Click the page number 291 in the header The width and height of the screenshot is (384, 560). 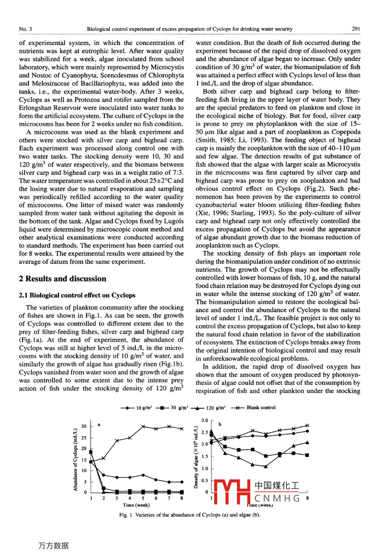356,29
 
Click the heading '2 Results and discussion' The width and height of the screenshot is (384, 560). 62,279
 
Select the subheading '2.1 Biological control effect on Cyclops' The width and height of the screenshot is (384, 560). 77,295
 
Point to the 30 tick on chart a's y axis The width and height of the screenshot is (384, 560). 84,426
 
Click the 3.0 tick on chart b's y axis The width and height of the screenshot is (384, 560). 205,420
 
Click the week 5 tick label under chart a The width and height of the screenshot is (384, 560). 143,498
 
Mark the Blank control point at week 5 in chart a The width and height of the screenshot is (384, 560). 143,426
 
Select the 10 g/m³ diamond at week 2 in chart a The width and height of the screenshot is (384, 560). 104,475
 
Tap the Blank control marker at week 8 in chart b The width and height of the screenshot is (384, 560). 307,425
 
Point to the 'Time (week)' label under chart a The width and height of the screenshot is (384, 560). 136,505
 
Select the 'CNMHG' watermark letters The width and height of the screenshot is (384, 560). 277,498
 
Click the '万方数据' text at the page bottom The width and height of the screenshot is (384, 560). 54,546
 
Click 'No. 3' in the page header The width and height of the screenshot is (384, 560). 25,29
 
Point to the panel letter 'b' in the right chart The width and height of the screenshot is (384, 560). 220,424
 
